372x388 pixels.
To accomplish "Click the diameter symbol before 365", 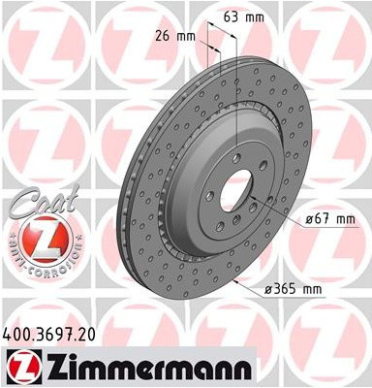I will click(x=270, y=289).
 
